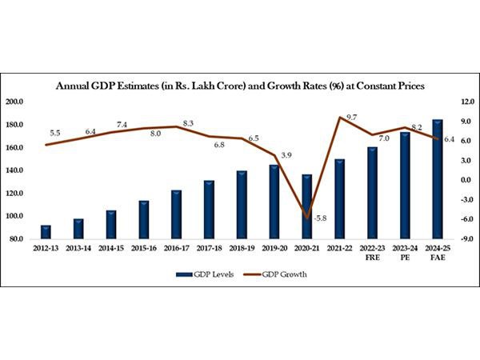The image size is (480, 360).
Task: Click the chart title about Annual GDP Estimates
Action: click(240, 85)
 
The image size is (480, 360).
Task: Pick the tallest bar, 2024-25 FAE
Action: click(438, 179)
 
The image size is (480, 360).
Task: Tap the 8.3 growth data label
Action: click(189, 123)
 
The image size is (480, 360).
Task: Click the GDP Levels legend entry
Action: click(199, 274)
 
